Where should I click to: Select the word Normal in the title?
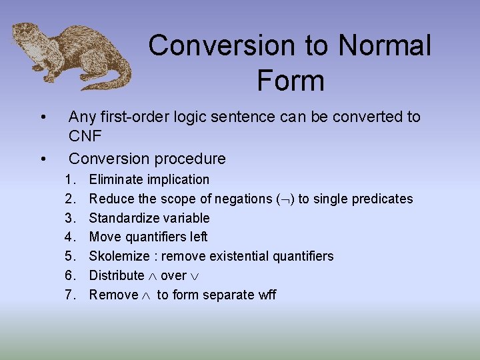(385, 46)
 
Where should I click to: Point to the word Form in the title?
(290, 81)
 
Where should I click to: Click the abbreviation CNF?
(85, 137)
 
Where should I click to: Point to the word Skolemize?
(117, 256)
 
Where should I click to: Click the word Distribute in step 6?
(117, 275)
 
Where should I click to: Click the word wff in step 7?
(267, 295)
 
